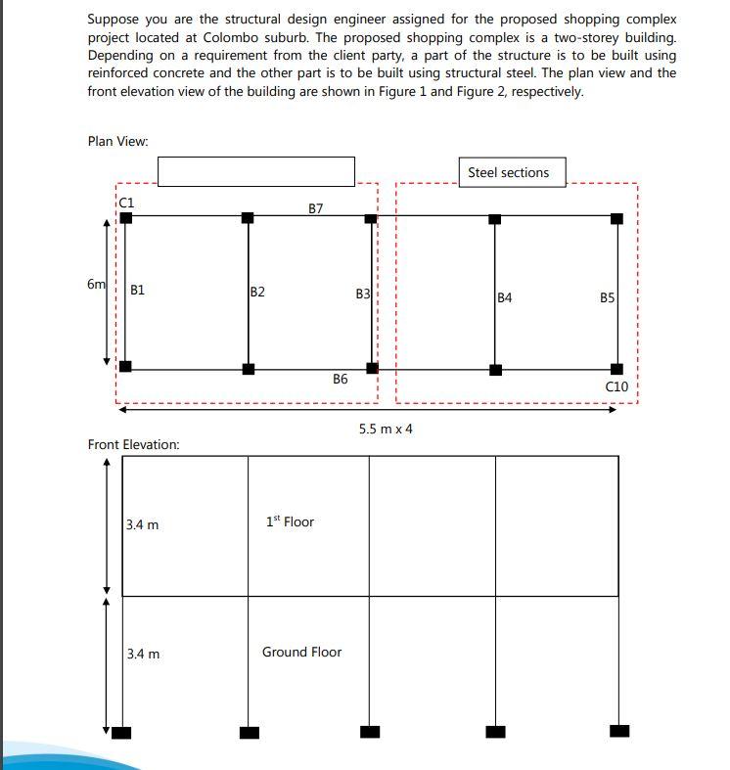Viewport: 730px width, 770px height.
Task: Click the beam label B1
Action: (138, 290)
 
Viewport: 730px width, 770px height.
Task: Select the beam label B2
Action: (257, 292)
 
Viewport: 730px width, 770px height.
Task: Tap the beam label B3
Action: (363, 294)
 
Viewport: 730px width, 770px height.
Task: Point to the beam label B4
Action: (505, 297)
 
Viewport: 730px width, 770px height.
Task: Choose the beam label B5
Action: (608, 297)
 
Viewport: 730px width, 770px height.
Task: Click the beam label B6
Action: (341, 379)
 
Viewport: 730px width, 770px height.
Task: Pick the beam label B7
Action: (316, 208)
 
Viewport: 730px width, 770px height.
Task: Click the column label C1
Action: (127, 202)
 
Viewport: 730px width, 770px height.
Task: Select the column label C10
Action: (616, 386)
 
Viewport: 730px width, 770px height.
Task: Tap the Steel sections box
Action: (509, 173)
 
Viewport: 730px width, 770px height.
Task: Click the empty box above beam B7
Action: (256, 171)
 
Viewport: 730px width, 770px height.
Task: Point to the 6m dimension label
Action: (96, 284)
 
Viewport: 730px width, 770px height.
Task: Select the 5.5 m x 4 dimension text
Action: (386, 429)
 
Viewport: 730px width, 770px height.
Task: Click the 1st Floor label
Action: (290, 521)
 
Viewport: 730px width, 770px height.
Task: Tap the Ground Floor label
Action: (301, 652)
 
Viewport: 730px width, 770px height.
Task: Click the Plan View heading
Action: (118, 141)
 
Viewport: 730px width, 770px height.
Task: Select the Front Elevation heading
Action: (134, 444)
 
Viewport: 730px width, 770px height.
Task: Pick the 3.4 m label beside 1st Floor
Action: (143, 525)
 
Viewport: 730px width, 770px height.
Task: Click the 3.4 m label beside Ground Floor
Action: (143, 654)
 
